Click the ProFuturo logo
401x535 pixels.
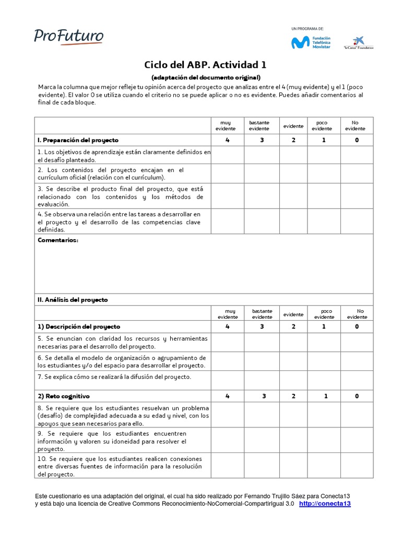(69, 36)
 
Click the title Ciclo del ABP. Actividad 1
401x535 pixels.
(205, 65)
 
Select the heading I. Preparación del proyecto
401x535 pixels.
(78, 140)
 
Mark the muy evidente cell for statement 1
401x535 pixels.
(227, 155)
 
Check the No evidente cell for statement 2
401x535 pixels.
(357, 173)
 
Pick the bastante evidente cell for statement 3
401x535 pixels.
(261, 196)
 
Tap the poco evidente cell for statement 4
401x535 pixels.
(324, 221)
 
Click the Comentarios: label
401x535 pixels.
(58, 240)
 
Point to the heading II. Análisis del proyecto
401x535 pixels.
(73, 300)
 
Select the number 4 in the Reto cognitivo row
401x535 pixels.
(227, 396)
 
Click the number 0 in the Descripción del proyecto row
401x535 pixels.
(357, 327)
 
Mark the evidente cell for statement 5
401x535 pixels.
(293, 342)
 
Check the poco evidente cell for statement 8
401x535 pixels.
(324, 415)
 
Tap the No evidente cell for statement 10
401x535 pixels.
(357, 465)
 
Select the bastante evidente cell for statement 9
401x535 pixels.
(261, 440)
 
